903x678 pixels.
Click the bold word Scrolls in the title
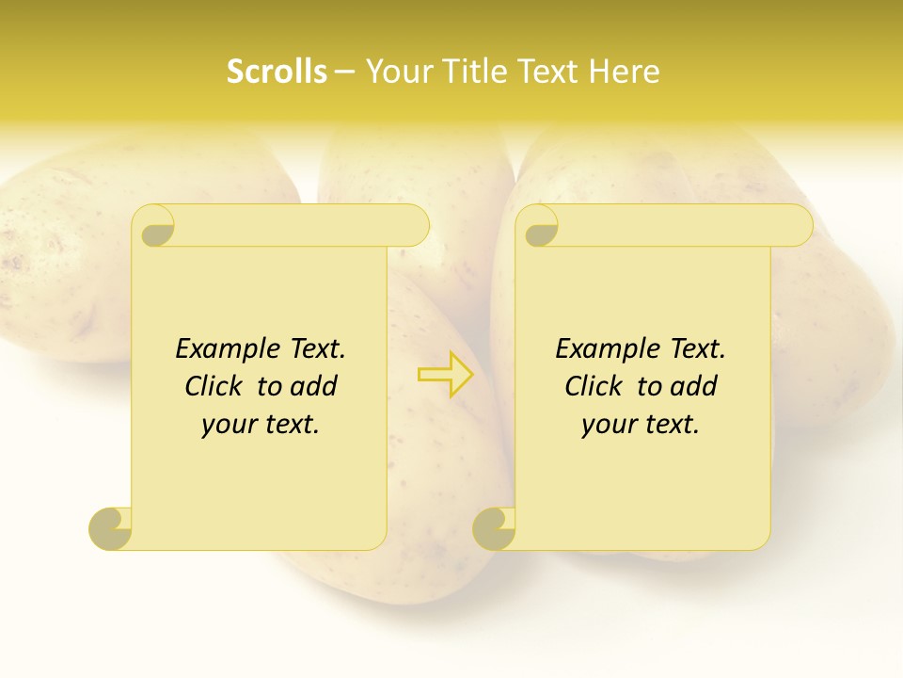pos(277,71)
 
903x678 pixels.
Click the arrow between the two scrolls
pos(446,374)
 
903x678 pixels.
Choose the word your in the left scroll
pos(227,425)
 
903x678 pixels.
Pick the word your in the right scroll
pos(607,425)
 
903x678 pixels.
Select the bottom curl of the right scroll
pos(495,527)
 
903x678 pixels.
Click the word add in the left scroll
pos(314,386)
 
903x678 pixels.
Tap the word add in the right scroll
pos(694,386)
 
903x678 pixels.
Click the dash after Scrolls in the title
pos(345,72)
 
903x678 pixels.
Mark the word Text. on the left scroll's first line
pos(314,348)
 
